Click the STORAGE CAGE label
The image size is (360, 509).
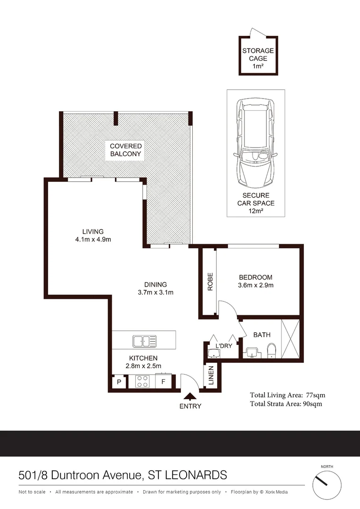tap(258, 58)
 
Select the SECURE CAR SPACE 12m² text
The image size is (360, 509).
tap(256, 203)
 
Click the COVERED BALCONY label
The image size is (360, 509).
tap(126, 150)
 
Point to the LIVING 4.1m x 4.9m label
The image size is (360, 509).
tap(93, 235)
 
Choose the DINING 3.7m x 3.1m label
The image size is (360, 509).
tap(155, 288)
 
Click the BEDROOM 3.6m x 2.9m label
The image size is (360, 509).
tap(255, 281)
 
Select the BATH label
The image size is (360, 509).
tap(262, 335)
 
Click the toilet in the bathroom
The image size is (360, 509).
tap(271, 351)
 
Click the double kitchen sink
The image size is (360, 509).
tap(145, 340)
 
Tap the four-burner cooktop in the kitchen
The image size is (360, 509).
tap(142, 381)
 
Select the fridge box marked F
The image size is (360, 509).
tap(163, 382)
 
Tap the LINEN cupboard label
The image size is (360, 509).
tap(211, 376)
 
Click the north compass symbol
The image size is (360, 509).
tap(327, 485)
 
